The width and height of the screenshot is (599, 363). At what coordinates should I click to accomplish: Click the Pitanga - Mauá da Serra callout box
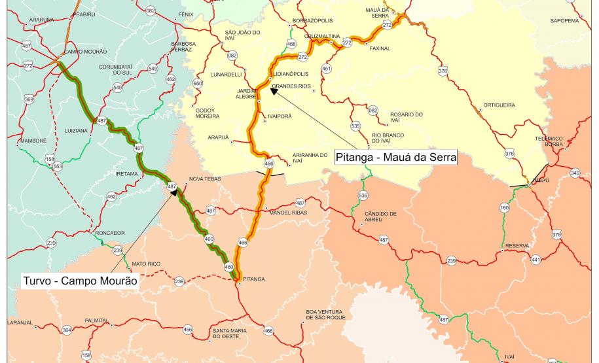tap(395, 158)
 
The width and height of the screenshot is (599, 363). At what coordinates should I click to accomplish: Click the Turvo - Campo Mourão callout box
tap(81, 280)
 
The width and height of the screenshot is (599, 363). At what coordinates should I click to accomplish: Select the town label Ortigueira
tap(499, 105)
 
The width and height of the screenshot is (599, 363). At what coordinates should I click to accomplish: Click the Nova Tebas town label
tap(205, 179)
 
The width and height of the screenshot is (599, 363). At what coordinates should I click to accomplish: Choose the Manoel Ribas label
tap(288, 213)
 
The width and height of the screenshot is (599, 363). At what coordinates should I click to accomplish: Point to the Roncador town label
tap(109, 232)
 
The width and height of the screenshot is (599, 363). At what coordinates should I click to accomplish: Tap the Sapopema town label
tap(564, 20)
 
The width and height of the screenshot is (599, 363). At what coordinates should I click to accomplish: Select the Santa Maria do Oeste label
tap(229, 334)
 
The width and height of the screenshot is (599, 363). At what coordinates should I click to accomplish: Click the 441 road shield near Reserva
tap(536, 260)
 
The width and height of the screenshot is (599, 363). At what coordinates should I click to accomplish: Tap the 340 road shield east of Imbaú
tap(575, 173)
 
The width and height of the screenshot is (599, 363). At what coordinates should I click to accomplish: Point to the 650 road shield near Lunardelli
tap(198, 83)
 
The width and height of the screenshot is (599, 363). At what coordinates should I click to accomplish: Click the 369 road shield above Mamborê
tap(29, 99)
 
